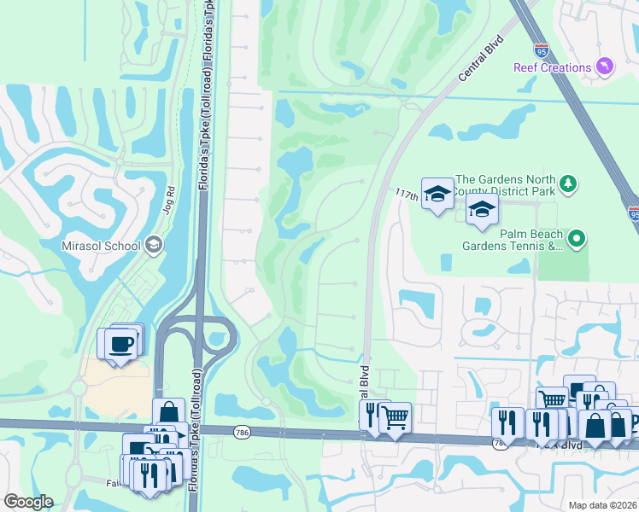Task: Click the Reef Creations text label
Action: pos(553,67)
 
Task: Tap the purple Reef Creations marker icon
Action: pos(605,67)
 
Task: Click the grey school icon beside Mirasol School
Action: pos(154,246)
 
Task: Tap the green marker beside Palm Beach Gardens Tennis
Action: pos(577,240)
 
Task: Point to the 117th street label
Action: pos(407,196)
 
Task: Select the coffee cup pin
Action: pos(120,343)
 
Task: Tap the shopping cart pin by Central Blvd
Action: pos(395,418)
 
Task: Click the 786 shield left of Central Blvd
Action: pos(242,433)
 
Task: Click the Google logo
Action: pos(27,502)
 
